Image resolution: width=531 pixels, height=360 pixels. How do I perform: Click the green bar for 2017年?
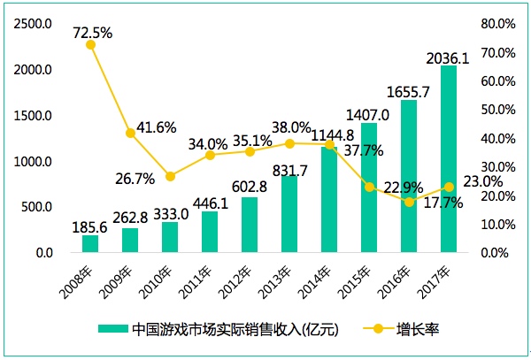(x=450, y=159)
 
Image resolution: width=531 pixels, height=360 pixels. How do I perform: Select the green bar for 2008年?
(x=90, y=244)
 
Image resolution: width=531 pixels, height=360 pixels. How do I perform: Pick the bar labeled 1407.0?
(x=370, y=188)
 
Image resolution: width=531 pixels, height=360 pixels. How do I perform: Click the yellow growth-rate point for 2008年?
(x=90, y=44)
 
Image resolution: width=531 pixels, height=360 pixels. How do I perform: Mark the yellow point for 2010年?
(x=170, y=176)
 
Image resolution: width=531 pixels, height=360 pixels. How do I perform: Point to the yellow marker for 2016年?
(x=410, y=202)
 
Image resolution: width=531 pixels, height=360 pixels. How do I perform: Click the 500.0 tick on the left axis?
(x=36, y=207)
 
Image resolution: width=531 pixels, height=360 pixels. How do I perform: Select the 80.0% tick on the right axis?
(x=496, y=24)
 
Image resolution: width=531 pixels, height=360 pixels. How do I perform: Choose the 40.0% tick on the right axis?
(x=496, y=138)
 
